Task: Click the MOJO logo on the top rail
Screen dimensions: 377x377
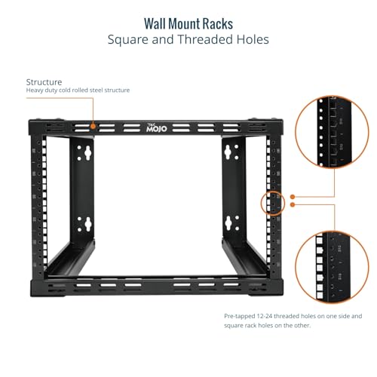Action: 156,128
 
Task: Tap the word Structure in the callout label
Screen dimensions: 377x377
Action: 44,82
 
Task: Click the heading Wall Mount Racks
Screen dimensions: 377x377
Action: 188,24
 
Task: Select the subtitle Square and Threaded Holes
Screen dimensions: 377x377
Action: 188,39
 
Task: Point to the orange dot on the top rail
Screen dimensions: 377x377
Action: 93,126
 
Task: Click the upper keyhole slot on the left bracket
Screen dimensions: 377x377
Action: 87,153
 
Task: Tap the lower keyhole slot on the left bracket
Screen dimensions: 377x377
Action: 87,224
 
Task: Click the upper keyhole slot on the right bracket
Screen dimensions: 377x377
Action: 228,152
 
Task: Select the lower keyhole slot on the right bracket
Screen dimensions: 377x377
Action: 228,223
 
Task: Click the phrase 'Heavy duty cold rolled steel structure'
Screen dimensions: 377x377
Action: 78,90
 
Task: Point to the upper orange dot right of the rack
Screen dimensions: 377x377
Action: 293,197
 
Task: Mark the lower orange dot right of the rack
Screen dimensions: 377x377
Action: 293,204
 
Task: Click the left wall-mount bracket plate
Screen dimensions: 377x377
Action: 82,188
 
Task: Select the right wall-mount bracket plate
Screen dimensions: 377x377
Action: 234,188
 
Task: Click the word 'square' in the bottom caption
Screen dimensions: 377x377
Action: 232,326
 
